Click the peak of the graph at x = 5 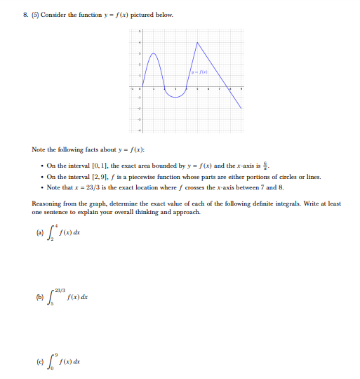[x=198, y=42]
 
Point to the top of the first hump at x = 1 [x=152, y=53]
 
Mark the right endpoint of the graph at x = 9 [x=243, y=108]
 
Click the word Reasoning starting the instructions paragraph [x=46, y=204]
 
